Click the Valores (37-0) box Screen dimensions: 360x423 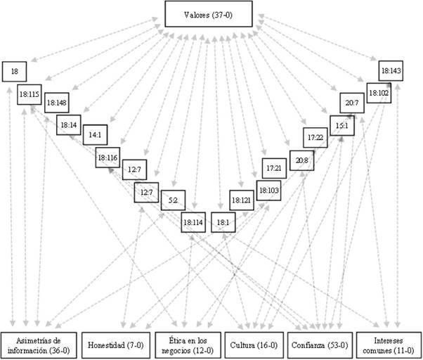point(211,15)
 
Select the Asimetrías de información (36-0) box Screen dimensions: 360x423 point(39,344)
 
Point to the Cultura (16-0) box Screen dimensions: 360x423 point(254,344)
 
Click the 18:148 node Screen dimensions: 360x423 point(56,103)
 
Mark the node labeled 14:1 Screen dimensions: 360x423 point(93,134)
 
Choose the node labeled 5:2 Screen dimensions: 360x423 point(173,200)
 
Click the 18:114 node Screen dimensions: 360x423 point(193,222)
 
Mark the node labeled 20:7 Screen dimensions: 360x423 point(351,102)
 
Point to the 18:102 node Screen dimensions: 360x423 point(378,92)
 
